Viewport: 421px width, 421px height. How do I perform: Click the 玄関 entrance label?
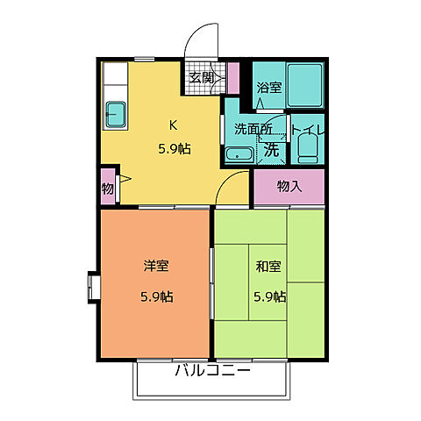point(201,78)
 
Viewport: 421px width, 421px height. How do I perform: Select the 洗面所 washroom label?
point(252,129)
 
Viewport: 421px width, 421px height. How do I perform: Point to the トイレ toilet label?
point(309,132)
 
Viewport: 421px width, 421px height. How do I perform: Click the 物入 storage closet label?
point(289,186)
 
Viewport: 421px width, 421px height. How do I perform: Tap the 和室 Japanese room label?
point(268,264)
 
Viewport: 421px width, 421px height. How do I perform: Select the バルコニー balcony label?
point(212,370)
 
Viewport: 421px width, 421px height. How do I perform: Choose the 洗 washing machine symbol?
point(272,149)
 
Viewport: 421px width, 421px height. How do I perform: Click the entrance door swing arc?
point(203,39)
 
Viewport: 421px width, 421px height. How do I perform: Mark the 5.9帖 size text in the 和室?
point(268,296)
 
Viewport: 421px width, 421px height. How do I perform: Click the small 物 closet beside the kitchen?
point(107,189)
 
